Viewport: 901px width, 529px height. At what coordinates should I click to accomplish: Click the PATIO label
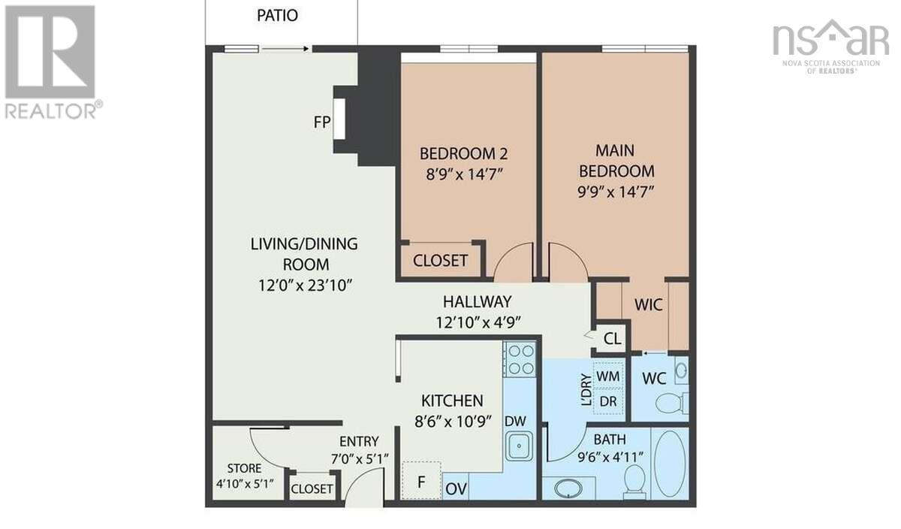pos(277,15)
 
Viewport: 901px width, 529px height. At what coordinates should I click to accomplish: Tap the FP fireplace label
pos(322,122)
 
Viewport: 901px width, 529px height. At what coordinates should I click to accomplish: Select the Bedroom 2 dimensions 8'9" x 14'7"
pos(464,174)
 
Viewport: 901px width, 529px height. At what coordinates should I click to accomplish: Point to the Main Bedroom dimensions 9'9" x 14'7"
pos(616,192)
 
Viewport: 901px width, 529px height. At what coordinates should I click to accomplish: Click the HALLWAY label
pos(477,301)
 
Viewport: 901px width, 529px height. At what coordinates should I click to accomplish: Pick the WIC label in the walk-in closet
pos(649,305)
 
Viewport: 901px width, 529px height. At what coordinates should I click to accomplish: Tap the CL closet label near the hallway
pos(612,339)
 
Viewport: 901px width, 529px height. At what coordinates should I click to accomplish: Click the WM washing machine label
pos(607,376)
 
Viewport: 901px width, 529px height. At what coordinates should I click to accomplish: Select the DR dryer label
pos(607,401)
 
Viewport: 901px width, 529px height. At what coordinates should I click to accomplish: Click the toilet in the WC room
pos(671,403)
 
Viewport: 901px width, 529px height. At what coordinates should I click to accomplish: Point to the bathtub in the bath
pos(670,464)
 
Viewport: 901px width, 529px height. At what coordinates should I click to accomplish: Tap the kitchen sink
pos(520,446)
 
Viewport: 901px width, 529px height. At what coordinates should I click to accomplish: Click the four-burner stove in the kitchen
pos(520,359)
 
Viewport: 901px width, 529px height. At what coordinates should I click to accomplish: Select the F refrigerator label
pos(421,482)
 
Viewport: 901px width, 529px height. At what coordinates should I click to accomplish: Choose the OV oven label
pos(457,488)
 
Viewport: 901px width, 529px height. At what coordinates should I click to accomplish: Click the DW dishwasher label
pos(515,421)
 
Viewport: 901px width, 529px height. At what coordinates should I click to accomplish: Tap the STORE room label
pos(244,468)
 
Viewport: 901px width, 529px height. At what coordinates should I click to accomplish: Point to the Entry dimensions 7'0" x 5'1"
pos(360,458)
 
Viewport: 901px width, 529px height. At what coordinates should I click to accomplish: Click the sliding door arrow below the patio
pos(285,49)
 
